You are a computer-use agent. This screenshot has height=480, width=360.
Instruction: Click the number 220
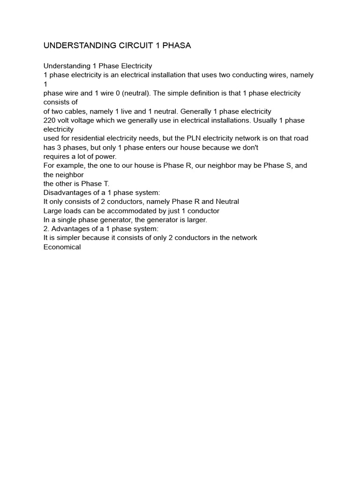(x=50, y=120)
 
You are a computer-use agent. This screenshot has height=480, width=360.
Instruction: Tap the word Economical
(x=62, y=247)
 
